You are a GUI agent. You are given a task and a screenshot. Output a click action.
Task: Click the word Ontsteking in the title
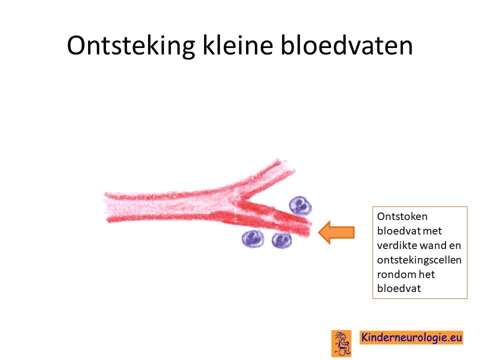click(131, 46)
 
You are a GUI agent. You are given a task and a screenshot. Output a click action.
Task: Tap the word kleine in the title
click(238, 45)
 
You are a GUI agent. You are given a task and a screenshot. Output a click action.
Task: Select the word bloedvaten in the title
click(346, 45)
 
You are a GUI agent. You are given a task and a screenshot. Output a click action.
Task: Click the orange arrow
click(336, 232)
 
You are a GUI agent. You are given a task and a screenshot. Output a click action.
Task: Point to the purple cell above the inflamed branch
click(300, 205)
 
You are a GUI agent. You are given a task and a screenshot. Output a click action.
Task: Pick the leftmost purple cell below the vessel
click(253, 239)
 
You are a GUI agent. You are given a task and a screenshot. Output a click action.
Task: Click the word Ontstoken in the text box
click(402, 216)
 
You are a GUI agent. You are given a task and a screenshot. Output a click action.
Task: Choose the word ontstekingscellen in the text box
click(419, 260)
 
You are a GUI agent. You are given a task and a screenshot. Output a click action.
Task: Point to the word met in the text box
click(432, 231)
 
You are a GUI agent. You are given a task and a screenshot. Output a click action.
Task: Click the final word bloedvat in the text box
click(399, 288)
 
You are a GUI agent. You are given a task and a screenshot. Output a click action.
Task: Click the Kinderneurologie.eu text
click(411, 337)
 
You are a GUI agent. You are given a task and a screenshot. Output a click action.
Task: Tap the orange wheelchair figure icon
click(341, 343)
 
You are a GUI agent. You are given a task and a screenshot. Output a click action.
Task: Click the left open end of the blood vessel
click(105, 206)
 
